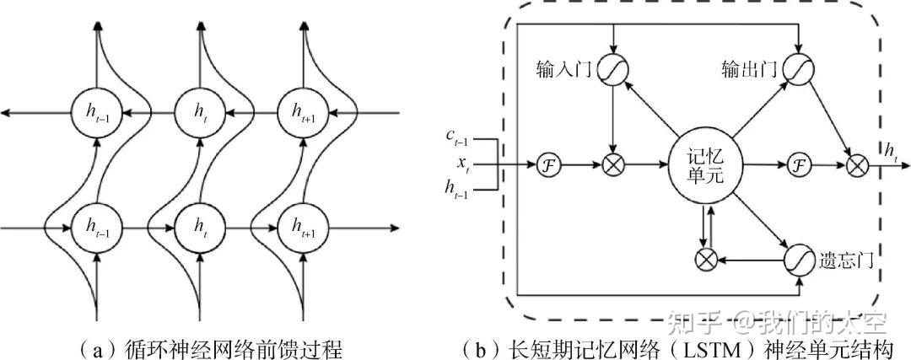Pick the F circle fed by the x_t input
coord(546,164)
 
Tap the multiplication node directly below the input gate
coord(613,164)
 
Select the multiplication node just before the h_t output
coord(856,164)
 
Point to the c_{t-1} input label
coord(461,135)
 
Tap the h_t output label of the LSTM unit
coord(891,150)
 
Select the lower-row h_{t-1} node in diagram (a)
coord(98,226)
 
